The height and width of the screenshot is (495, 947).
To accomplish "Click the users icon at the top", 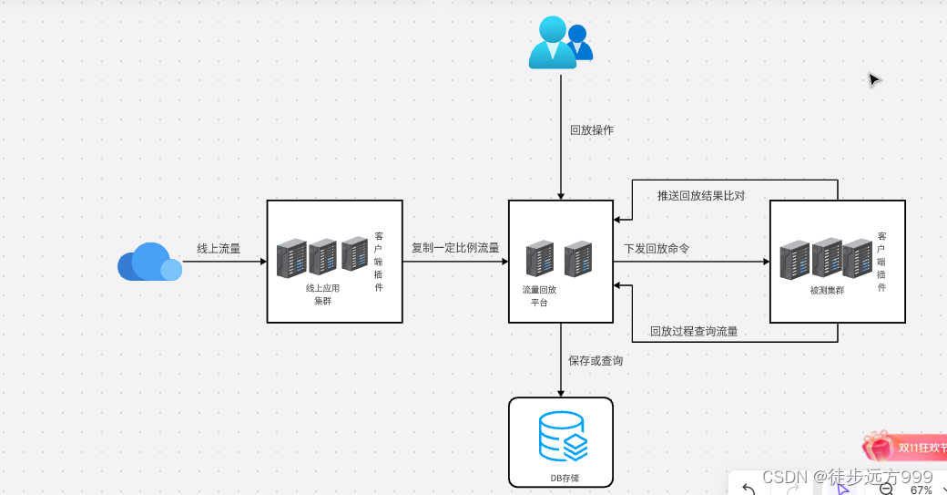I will click(560, 44).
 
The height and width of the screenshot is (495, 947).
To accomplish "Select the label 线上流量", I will click(219, 248).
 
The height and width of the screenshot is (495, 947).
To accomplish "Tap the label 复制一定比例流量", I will click(455, 247).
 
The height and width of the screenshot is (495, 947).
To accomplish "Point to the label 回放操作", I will click(592, 130).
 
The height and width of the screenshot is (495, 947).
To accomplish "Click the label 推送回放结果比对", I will click(701, 196).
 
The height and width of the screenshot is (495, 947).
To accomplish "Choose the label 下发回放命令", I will click(657, 248).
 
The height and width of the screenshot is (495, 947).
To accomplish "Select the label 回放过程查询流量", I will click(694, 332).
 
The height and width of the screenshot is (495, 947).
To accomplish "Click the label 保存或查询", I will click(596, 361).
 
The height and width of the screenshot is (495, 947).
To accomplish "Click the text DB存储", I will click(565, 477).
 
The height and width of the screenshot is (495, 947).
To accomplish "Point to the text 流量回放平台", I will click(539, 295).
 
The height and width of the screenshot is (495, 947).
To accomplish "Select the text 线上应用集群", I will click(322, 294).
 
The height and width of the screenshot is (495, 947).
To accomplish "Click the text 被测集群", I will click(827, 291).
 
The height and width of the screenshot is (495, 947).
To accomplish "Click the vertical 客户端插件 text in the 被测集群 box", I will click(881, 262).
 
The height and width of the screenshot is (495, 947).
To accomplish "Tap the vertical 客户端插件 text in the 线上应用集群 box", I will click(379, 262).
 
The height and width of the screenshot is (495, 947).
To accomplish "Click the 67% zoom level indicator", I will click(921, 490).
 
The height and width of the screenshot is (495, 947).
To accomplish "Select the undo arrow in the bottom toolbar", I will click(748, 489).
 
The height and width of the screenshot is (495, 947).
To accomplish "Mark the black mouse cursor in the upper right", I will click(873, 80).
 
